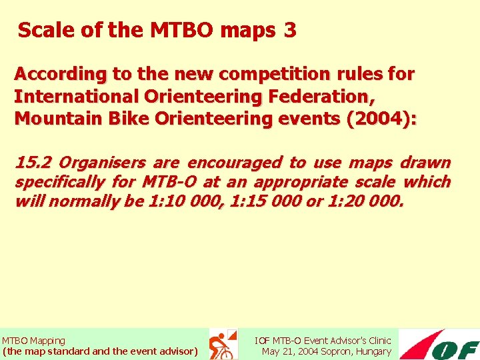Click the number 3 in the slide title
(289, 31)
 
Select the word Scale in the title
(42, 31)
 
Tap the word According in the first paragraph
(57, 74)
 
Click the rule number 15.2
(33, 163)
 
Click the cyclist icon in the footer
(221, 345)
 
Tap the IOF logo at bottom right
(440, 345)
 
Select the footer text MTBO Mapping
(33, 341)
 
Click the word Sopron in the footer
(337, 351)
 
